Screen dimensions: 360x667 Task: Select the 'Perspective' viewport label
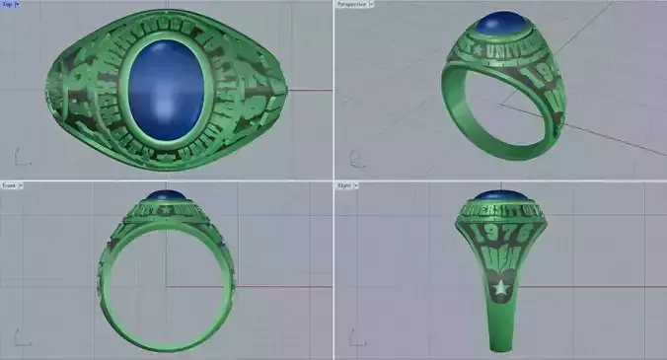(352, 4)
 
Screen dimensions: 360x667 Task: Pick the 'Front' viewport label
(11, 184)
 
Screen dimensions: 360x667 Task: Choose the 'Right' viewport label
(345, 184)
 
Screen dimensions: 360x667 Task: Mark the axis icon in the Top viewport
(21, 156)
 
